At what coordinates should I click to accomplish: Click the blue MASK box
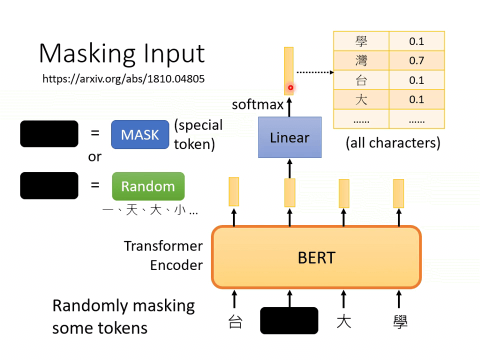(140, 134)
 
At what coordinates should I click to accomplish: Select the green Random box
(148, 186)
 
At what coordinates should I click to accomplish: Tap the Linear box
(289, 137)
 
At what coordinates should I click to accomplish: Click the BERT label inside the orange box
(316, 257)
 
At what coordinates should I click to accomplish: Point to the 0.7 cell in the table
(416, 61)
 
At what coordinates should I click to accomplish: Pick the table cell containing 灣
(361, 61)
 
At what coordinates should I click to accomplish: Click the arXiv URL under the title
(123, 78)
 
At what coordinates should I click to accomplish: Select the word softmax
(257, 105)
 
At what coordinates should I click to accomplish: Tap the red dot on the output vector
(290, 88)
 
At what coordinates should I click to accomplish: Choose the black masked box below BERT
(289, 320)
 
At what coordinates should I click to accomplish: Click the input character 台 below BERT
(235, 321)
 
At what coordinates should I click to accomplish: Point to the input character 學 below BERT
(400, 321)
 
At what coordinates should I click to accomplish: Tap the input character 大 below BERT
(343, 321)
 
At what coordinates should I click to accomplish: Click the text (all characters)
(393, 143)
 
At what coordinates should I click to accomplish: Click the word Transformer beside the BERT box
(163, 246)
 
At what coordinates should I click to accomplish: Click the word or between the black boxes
(94, 156)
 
